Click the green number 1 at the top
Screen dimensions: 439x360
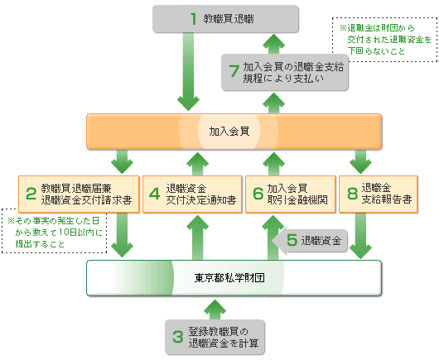[x=193, y=19]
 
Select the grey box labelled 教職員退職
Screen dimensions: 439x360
[x=225, y=19]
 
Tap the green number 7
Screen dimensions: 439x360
[x=234, y=71]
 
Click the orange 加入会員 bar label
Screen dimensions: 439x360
[x=229, y=132]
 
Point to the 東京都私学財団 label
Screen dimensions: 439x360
[x=229, y=278]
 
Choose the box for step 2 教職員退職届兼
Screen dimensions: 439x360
[x=79, y=194]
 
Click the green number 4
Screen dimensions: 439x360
[x=154, y=194]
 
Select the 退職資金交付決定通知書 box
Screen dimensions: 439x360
[x=192, y=194]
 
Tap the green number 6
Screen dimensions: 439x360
[x=258, y=194]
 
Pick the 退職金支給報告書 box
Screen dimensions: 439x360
[x=379, y=194]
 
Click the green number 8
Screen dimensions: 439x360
[x=353, y=194]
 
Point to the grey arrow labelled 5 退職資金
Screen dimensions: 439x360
[x=311, y=241]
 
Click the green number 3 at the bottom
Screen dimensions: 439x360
[x=178, y=337]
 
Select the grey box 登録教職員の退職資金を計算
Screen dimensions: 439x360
[x=215, y=337]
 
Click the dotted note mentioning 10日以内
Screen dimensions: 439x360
[x=55, y=231]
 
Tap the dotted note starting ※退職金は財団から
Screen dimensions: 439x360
[x=384, y=40]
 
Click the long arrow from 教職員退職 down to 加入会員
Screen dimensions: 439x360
[x=188, y=72]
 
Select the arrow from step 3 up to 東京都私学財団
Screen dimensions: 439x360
[x=215, y=310]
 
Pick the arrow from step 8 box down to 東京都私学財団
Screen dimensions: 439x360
[x=360, y=236]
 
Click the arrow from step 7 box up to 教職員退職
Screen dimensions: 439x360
[x=273, y=44]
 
